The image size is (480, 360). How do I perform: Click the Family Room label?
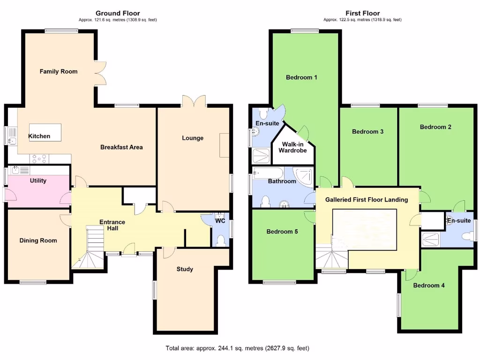(59, 72)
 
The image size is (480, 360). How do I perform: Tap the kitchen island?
(45, 132)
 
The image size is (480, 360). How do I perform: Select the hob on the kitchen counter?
(39, 159)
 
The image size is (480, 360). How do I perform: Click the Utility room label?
(38, 180)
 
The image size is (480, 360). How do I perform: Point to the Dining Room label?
(38, 240)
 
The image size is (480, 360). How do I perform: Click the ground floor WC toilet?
(221, 240)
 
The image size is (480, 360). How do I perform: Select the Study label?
(185, 269)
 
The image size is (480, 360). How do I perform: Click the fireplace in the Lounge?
(225, 145)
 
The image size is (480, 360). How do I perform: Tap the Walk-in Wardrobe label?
(292, 147)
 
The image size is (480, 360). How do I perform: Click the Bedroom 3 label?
(368, 132)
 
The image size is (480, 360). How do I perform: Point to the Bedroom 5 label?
(282, 232)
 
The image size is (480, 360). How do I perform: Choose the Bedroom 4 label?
(429, 285)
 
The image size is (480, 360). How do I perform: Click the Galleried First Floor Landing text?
(367, 200)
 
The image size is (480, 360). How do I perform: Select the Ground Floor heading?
(118, 13)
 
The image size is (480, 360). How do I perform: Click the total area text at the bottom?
(237, 348)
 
